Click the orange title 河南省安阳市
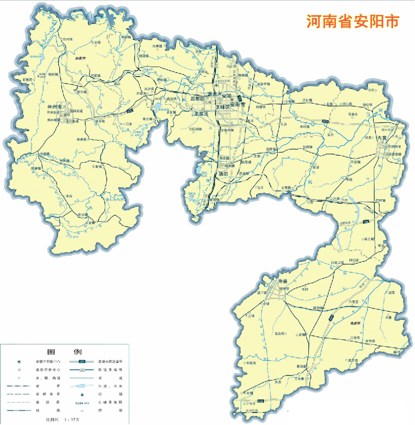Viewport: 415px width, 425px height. [x=353, y=22]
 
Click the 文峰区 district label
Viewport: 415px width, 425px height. [x=223, y=107]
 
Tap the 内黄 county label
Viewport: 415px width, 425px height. [x=382, y=138]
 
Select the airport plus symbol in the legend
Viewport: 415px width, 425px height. [x=81, y=395]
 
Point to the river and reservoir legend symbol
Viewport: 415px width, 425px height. [x=82, y=386]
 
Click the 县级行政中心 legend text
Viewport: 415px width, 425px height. [x=47, y=369]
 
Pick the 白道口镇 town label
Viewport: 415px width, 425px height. [x=337, y=262]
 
